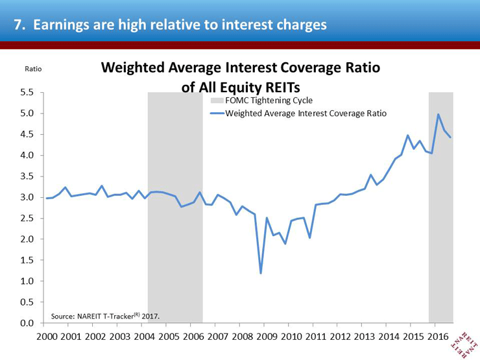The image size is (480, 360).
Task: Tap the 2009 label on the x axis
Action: click(267, 337)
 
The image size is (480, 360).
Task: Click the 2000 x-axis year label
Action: click(47, 337)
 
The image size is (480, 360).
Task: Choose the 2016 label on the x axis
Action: click(438, 337)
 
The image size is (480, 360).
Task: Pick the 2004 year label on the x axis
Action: click(145, 337)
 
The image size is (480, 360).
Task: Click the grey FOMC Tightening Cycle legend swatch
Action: click(217, 101)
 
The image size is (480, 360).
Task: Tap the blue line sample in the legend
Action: click(217, 114)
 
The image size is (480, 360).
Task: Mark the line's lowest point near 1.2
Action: click(261, 273)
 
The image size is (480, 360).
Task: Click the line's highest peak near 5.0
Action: click(438, 115)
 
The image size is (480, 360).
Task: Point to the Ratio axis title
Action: click(33, 69)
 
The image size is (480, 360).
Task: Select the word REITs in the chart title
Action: click(283, 88)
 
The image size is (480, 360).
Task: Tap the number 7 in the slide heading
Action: click(19, 25)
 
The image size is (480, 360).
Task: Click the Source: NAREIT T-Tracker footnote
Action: click(105, 316)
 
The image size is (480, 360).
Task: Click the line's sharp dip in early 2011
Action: click(310, 237)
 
